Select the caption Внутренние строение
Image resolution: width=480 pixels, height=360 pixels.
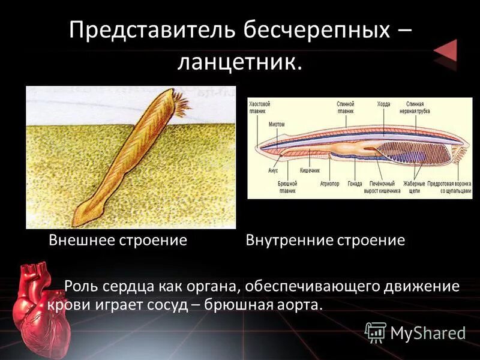(325, 241)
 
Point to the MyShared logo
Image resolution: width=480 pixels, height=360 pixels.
(415, 332)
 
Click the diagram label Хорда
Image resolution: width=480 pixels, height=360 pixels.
(383, 104)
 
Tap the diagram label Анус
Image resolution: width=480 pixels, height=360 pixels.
(273, 169)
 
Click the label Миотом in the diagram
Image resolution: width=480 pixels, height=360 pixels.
(277, 124)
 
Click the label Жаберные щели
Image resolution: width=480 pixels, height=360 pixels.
(414, 187)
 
